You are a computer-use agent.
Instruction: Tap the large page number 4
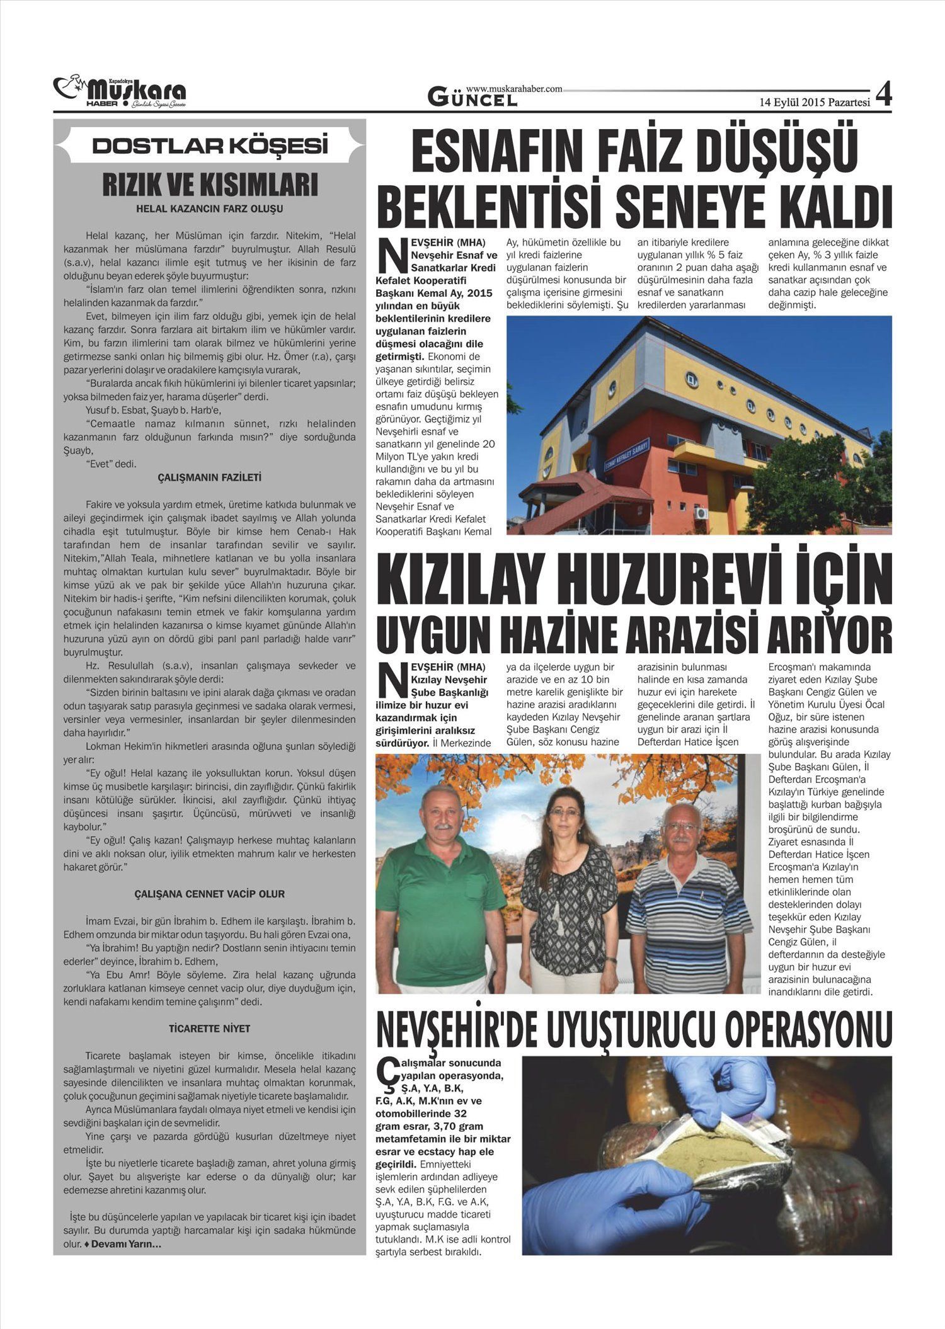tap(883, 94)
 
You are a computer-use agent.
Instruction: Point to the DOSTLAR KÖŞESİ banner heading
tap(210, 146)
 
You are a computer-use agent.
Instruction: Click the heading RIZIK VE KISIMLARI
tap(210, 185)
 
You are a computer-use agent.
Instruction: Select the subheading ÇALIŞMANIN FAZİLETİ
tap(210, 477)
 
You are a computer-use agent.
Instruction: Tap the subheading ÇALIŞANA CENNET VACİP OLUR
tap(210, 894)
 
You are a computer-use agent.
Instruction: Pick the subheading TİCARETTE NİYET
tap(210, 1029)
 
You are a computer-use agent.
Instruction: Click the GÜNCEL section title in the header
tap(472, 98)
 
